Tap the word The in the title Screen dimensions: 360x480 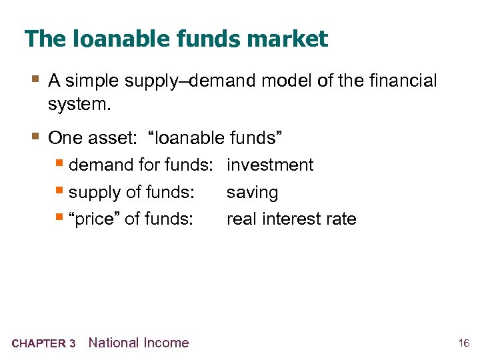coord(44,39)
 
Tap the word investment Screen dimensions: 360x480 coord(270,165)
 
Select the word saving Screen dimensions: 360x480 coord(253,193)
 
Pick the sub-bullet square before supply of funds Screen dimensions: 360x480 coord(60,192)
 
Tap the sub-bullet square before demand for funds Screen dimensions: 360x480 coord(60,164)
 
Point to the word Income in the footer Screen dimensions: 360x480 coord(167,343)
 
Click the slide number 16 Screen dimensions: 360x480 coord(464,344)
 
